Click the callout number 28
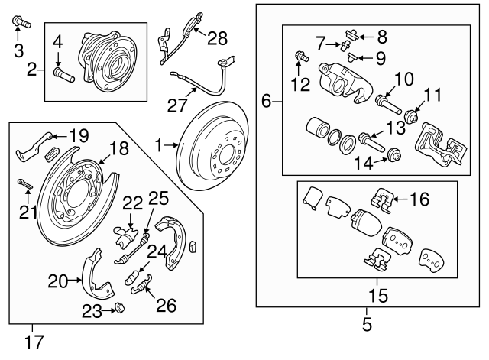218,38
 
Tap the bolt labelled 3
22,22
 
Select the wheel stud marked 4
64,75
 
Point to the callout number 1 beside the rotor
159,146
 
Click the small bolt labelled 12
302,57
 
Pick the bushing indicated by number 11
411,117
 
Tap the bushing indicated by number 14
394,154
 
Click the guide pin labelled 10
388,105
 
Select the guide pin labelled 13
372,142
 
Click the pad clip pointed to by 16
382,200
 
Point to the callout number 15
378,295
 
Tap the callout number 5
367,324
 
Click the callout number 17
34,342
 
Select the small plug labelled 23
119,307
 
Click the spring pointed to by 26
141,284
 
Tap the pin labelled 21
24,184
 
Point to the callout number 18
118,148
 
